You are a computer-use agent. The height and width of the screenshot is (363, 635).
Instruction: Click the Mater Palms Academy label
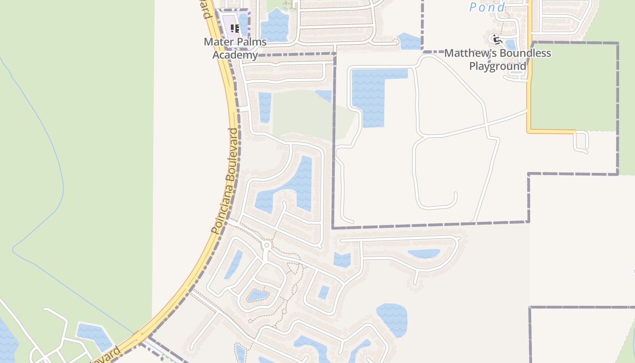(235, 48)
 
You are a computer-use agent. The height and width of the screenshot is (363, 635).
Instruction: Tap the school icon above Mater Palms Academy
(234, 29)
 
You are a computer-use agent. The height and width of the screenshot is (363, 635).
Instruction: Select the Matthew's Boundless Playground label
(498, 59)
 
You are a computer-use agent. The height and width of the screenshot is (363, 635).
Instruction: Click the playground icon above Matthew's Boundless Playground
(495, 39)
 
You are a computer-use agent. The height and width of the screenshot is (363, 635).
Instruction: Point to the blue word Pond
(487, 7)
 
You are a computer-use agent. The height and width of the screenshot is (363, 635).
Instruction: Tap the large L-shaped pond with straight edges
(370, 93)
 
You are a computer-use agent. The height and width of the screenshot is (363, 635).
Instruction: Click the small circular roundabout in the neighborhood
(267, 245)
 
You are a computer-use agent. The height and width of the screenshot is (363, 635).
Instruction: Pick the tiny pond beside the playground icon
(510, 44)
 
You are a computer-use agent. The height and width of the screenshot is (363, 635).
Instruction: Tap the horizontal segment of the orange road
(551, 132)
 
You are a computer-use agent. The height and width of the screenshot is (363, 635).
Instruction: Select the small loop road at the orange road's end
(581, 141)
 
